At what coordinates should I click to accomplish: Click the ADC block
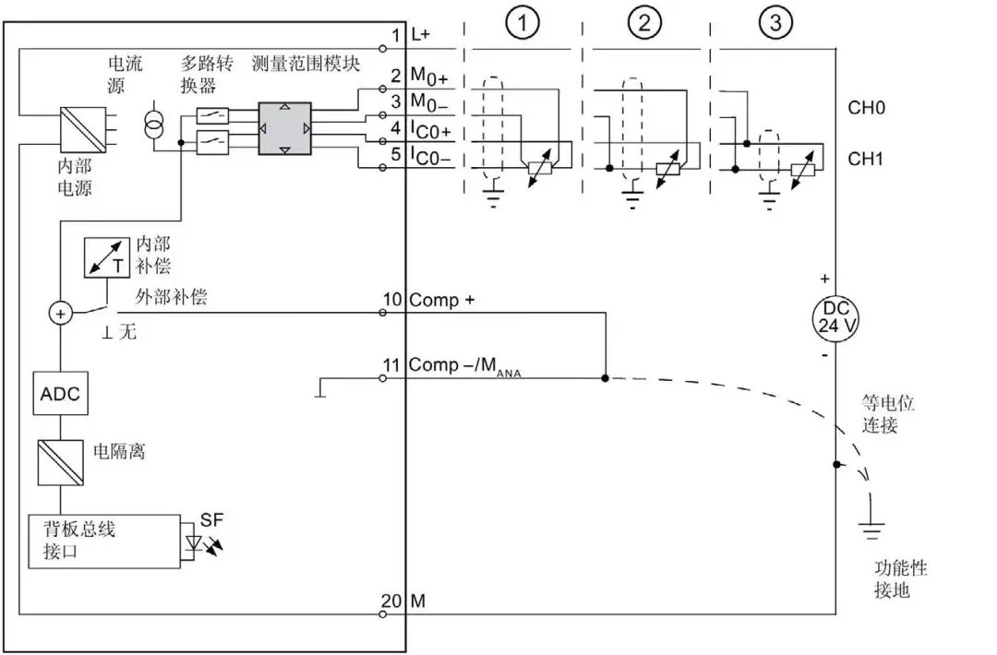tap(60, 394)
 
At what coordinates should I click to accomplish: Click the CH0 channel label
tap(866, 108)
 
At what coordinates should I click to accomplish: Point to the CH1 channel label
tap(866, 159)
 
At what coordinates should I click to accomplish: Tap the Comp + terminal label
tap(441, 300)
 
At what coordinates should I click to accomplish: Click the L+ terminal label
tap(420, 34)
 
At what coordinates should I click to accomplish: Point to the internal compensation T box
tap(103, 257)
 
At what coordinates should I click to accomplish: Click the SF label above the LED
tap(211, 520)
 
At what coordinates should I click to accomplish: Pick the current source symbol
tap(153, 127)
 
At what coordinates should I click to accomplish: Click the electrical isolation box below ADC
tap(60, 460)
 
